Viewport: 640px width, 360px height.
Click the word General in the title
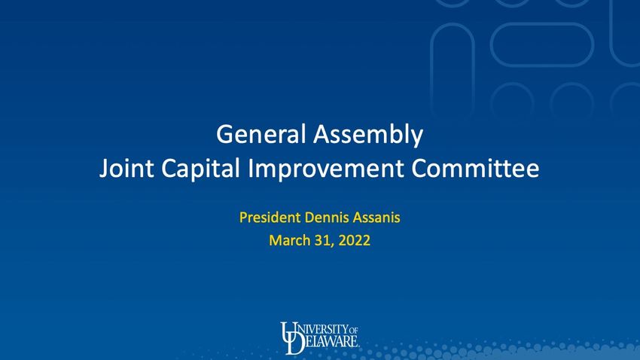pos(261,134)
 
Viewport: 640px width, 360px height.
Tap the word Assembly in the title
pos(368,136)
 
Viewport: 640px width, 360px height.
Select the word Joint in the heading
pos(126,168)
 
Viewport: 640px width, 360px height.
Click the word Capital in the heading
pos(200,169)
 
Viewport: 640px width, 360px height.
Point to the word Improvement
pos(326,169)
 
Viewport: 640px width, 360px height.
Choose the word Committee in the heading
pos(475,168)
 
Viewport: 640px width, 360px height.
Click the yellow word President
pos(270,217)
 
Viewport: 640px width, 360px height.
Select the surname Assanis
pos(376,217)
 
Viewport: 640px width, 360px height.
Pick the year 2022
pos(355,240)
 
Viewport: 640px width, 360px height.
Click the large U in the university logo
pos(289,332)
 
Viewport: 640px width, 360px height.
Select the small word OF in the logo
pos(353,330)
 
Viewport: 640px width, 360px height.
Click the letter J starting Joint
pos(104,169)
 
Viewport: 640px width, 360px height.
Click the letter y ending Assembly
pos(418,138)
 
